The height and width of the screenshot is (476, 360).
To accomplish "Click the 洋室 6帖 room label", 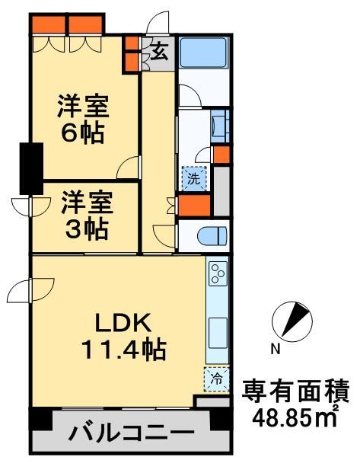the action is [x=83, y=119].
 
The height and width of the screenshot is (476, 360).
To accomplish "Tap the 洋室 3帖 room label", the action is [x=87, y=216].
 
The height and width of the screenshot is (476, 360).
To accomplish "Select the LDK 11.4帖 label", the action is [x=124, y=337].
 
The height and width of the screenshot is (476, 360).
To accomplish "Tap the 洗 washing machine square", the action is [x=194, y=179].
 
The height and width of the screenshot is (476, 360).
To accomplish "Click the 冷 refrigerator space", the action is [x=217, y=379].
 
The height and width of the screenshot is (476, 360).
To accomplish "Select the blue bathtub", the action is [x=203, y=53].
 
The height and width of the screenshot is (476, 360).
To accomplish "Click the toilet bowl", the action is [x=212, y=236].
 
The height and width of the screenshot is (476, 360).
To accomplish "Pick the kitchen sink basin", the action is [x=218, y=333].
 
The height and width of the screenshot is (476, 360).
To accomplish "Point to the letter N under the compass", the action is [x=276, y=349].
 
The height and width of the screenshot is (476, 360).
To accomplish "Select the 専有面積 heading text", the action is [x=296, y=391].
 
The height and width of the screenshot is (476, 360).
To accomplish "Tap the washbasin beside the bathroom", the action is [x=219, y=126].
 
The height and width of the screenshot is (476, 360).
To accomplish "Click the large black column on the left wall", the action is [x=31, y=168].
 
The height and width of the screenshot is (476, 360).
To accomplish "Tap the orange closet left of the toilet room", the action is [x=194, y=206].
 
